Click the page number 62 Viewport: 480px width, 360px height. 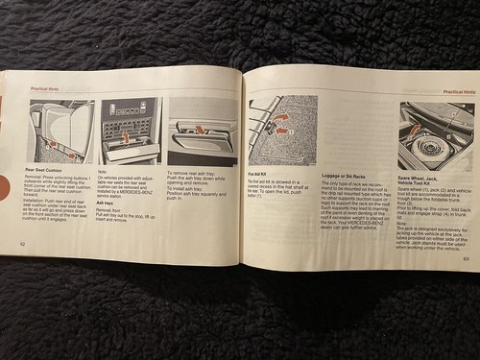(23, 243)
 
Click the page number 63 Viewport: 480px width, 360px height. (466, 257)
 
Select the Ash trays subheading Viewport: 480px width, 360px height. (109, 203)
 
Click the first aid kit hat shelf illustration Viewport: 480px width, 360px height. (283, 130)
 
